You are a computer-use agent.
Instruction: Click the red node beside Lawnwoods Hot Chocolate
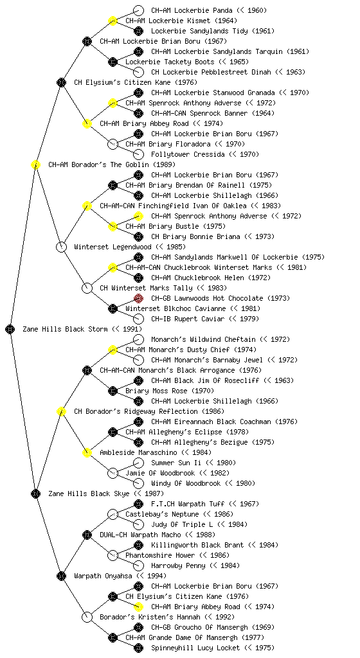pyautogui.click(x=138, y=298)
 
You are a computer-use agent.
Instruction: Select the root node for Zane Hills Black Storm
pyautogui.click(x=10, y=329)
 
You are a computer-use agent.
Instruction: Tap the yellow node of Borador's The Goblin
pyautogui.click(x=35, y=164)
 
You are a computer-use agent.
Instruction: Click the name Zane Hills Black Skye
pyautogui.click(x=89, y=493)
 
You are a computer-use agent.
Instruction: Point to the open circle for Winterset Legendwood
pyautogui.click(x=61, y=247)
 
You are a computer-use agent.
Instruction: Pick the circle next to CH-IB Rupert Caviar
pyautogui.click(x=138, y=319)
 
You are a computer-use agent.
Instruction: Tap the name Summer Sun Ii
pyautogui.click(x=176, y=463)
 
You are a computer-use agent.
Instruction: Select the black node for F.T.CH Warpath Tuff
pyautogui.click(x=138, y=504)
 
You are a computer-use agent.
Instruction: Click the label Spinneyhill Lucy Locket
pyautogui.click(x=195, y=648)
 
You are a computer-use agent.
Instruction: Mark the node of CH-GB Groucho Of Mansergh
pyautogui.click(x=138, y=627)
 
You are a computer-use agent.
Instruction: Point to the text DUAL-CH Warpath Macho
pyautogui.click(x=141, y=535)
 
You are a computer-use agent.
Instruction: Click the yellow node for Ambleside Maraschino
pyautogui.click(x=87, y=452)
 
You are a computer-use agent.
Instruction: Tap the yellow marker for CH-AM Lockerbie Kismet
pyautogui.click(x=113, y=21)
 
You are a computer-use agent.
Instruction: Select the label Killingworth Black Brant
pyautogui.click(x=197, y=545)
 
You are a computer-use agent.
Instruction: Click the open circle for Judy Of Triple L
pyautogui.click(x=138, y=524)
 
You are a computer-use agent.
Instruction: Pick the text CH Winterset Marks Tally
pyautogui.click(x=146, y=288)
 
